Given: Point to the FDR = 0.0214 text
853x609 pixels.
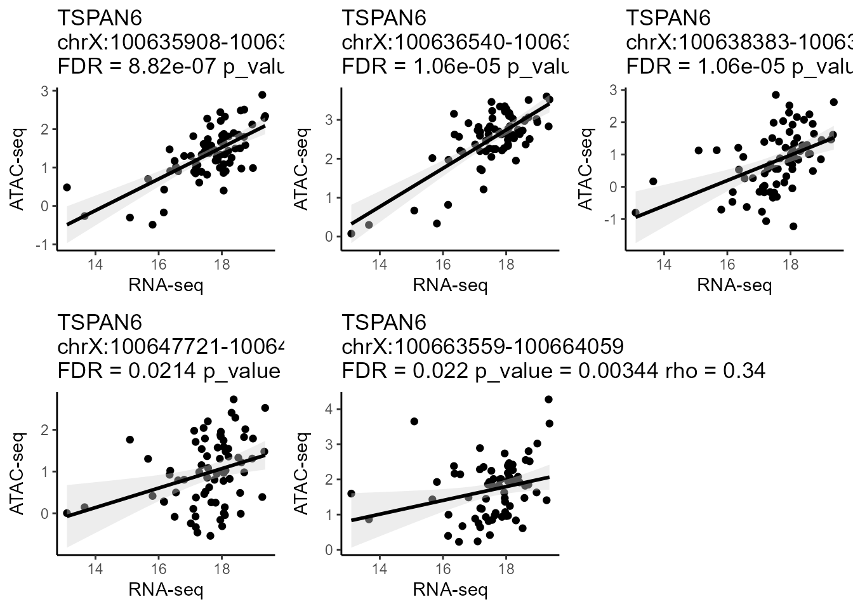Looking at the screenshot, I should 128,370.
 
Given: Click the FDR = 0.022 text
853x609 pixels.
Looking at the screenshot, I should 407,370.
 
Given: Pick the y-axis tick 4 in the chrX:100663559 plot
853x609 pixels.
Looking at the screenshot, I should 329,409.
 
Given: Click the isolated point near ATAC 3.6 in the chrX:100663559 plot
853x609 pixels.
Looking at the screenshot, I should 414,421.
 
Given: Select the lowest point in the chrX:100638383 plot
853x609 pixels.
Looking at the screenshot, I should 793,226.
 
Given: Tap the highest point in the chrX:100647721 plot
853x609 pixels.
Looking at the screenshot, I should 234,400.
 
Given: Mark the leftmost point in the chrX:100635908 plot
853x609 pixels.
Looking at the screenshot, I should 67,187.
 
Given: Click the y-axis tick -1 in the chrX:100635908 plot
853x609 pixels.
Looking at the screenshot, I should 43,245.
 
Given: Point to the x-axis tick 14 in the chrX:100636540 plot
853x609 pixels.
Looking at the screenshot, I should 380,265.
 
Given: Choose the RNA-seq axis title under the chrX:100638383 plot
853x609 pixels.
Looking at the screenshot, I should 734,285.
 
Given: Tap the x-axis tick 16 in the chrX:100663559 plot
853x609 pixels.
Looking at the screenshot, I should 443,569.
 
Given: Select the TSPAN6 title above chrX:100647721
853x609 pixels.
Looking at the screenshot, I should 100,322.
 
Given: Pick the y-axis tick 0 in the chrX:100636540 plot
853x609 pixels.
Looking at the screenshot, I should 329,237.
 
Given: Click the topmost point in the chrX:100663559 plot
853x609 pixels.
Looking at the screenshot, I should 548,399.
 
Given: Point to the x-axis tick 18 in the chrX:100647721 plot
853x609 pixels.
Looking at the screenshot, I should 222,569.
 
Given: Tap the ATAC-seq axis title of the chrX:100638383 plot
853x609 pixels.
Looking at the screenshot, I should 587,169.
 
